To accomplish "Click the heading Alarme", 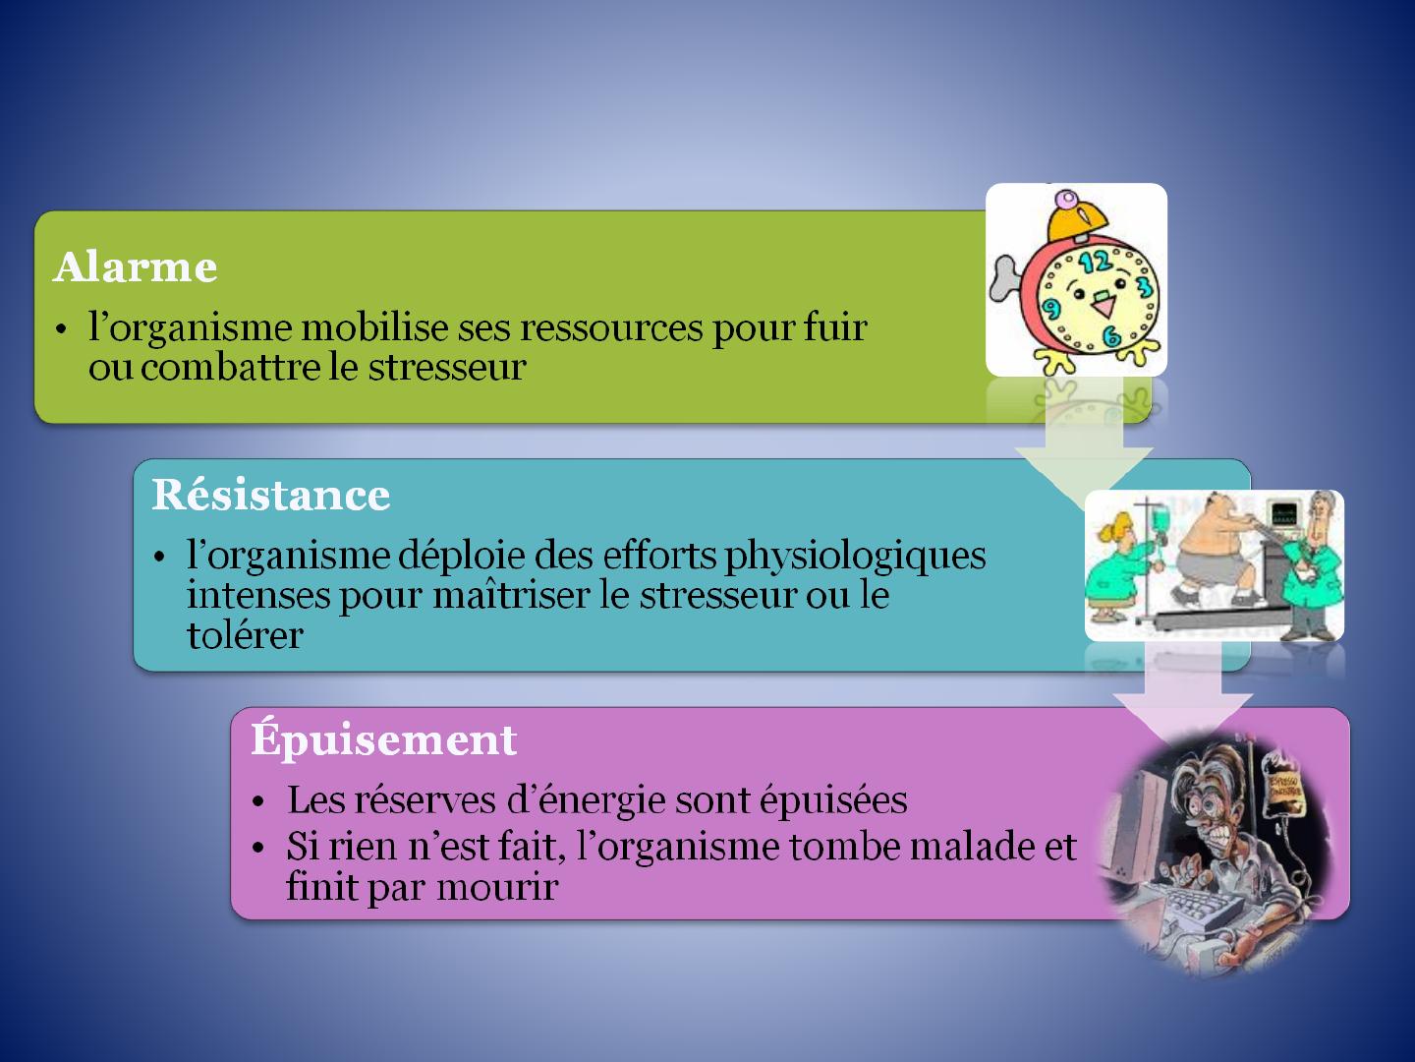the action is click(136, 266).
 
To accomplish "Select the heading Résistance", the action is click(271, 495).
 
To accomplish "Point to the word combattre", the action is click(230, 368).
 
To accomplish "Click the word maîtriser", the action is click(511, 595).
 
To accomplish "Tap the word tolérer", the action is click(245, 634).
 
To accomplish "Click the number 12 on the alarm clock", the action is click(1096, 262).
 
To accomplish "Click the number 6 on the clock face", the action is click(1111, 336).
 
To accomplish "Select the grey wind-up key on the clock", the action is click(1006, 278).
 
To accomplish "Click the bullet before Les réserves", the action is click(258, 802).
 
